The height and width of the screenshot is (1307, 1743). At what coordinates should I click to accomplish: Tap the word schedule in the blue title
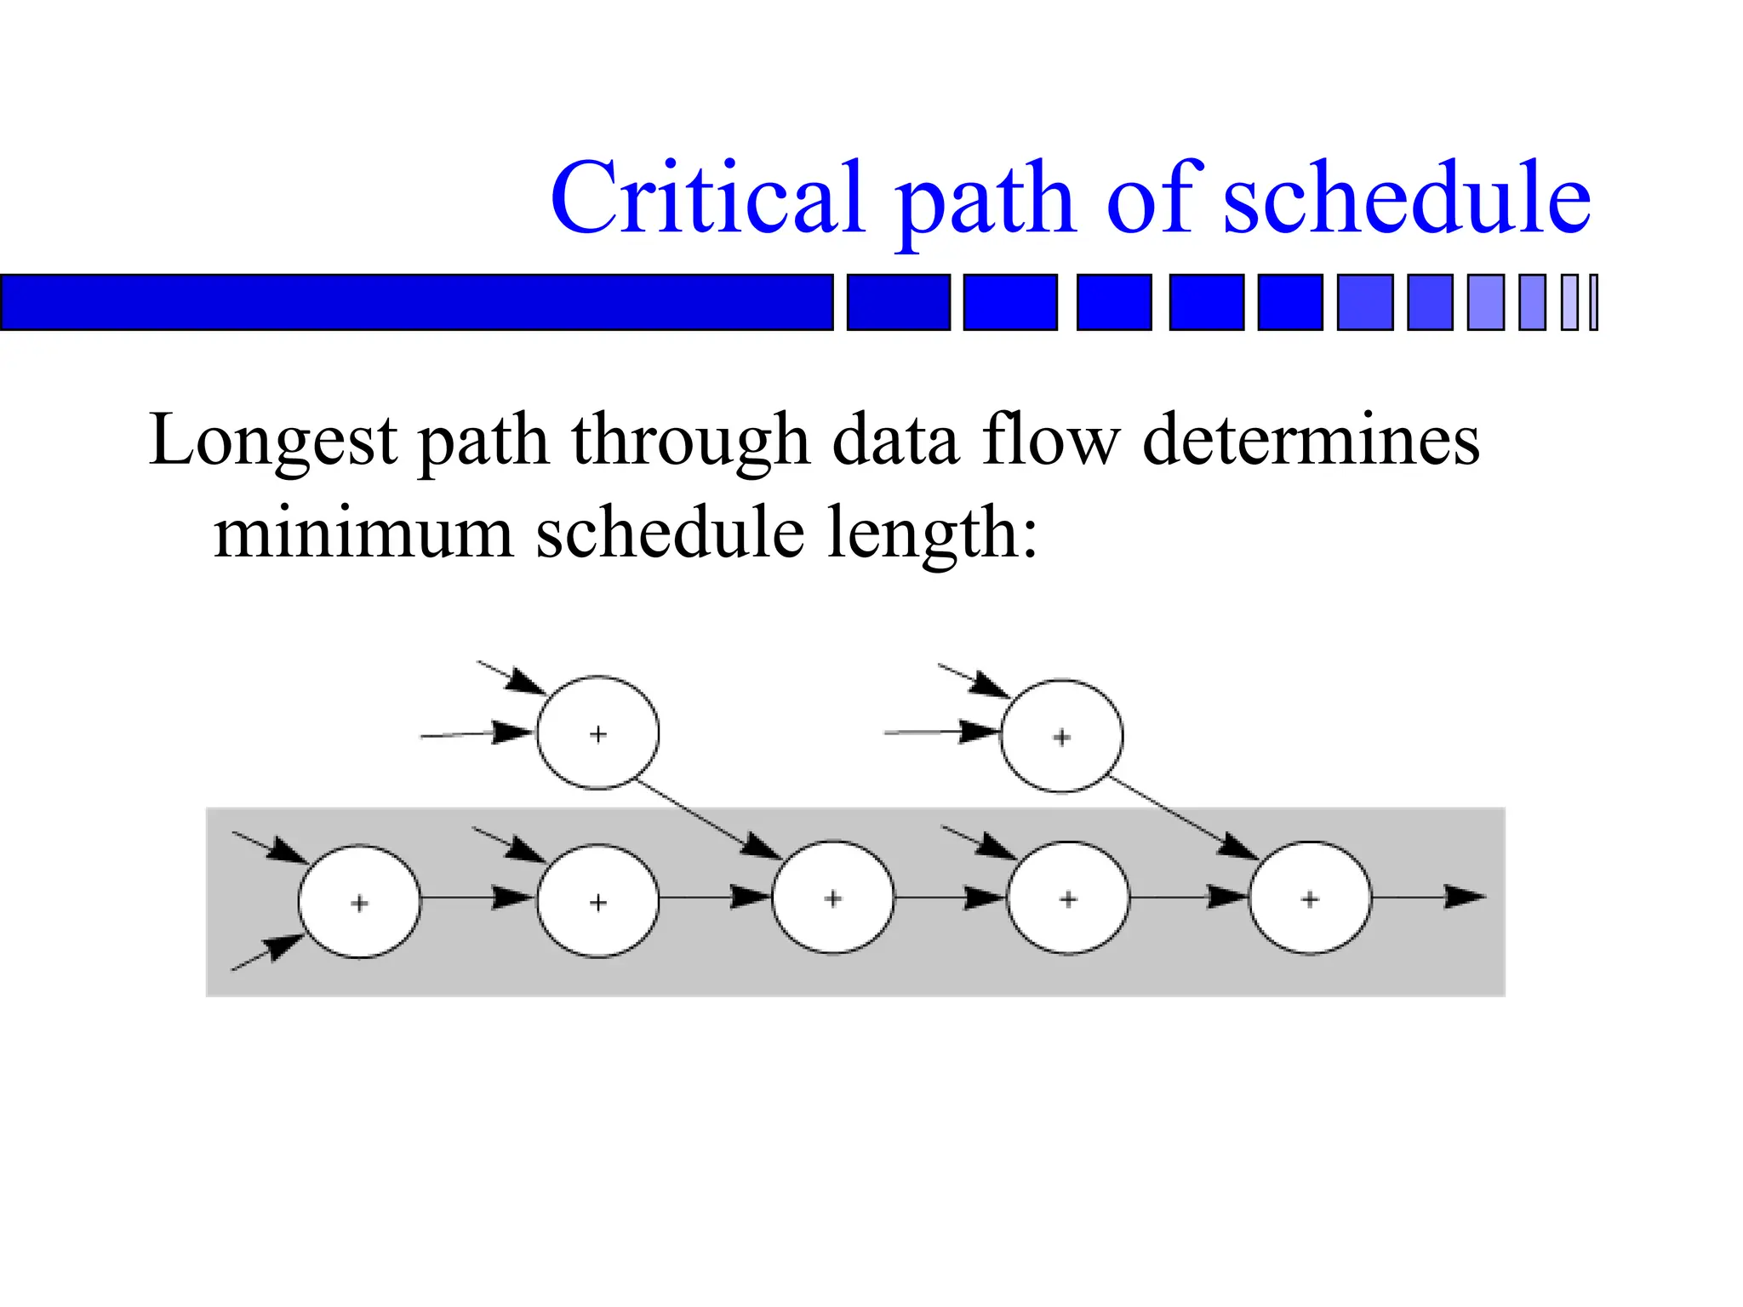(1407, 197)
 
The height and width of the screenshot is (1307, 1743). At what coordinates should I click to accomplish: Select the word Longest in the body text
(273, 441)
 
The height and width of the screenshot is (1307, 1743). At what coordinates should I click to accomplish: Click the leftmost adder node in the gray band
(359, 902)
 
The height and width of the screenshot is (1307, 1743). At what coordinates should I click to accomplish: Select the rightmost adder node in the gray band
(1310, 899)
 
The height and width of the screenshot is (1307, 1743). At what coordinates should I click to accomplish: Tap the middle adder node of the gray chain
(833, 898)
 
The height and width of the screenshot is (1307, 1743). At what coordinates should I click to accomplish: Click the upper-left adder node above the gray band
(597, 733)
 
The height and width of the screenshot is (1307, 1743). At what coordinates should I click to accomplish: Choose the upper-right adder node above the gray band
(1061, 736)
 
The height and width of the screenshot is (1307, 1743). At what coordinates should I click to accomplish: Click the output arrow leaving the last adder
(1430, 897)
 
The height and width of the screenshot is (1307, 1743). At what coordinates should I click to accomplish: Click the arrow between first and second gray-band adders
(477, 898)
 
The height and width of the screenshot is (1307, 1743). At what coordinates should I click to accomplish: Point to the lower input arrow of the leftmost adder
(267, 952)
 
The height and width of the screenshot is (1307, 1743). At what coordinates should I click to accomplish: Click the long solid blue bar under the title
(417, 302)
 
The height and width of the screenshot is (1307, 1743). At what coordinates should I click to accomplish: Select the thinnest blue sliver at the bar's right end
(1594, 302)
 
